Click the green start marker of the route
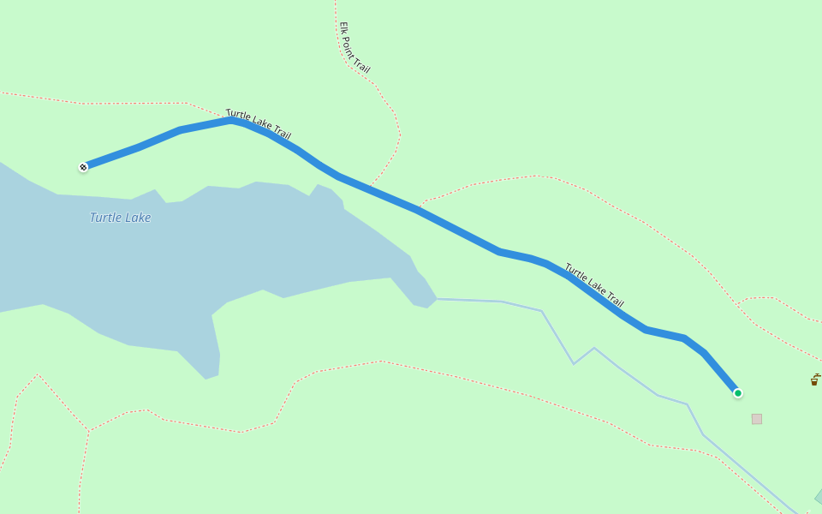(737, 393)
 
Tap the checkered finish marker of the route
(83, 167)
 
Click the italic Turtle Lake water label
(120, 218)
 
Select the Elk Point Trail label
(354, 48)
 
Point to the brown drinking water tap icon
(814, 380)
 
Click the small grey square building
(757, 419)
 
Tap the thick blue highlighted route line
(462, 232)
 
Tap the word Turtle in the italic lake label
(105, 218)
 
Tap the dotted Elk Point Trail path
(391, 111)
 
